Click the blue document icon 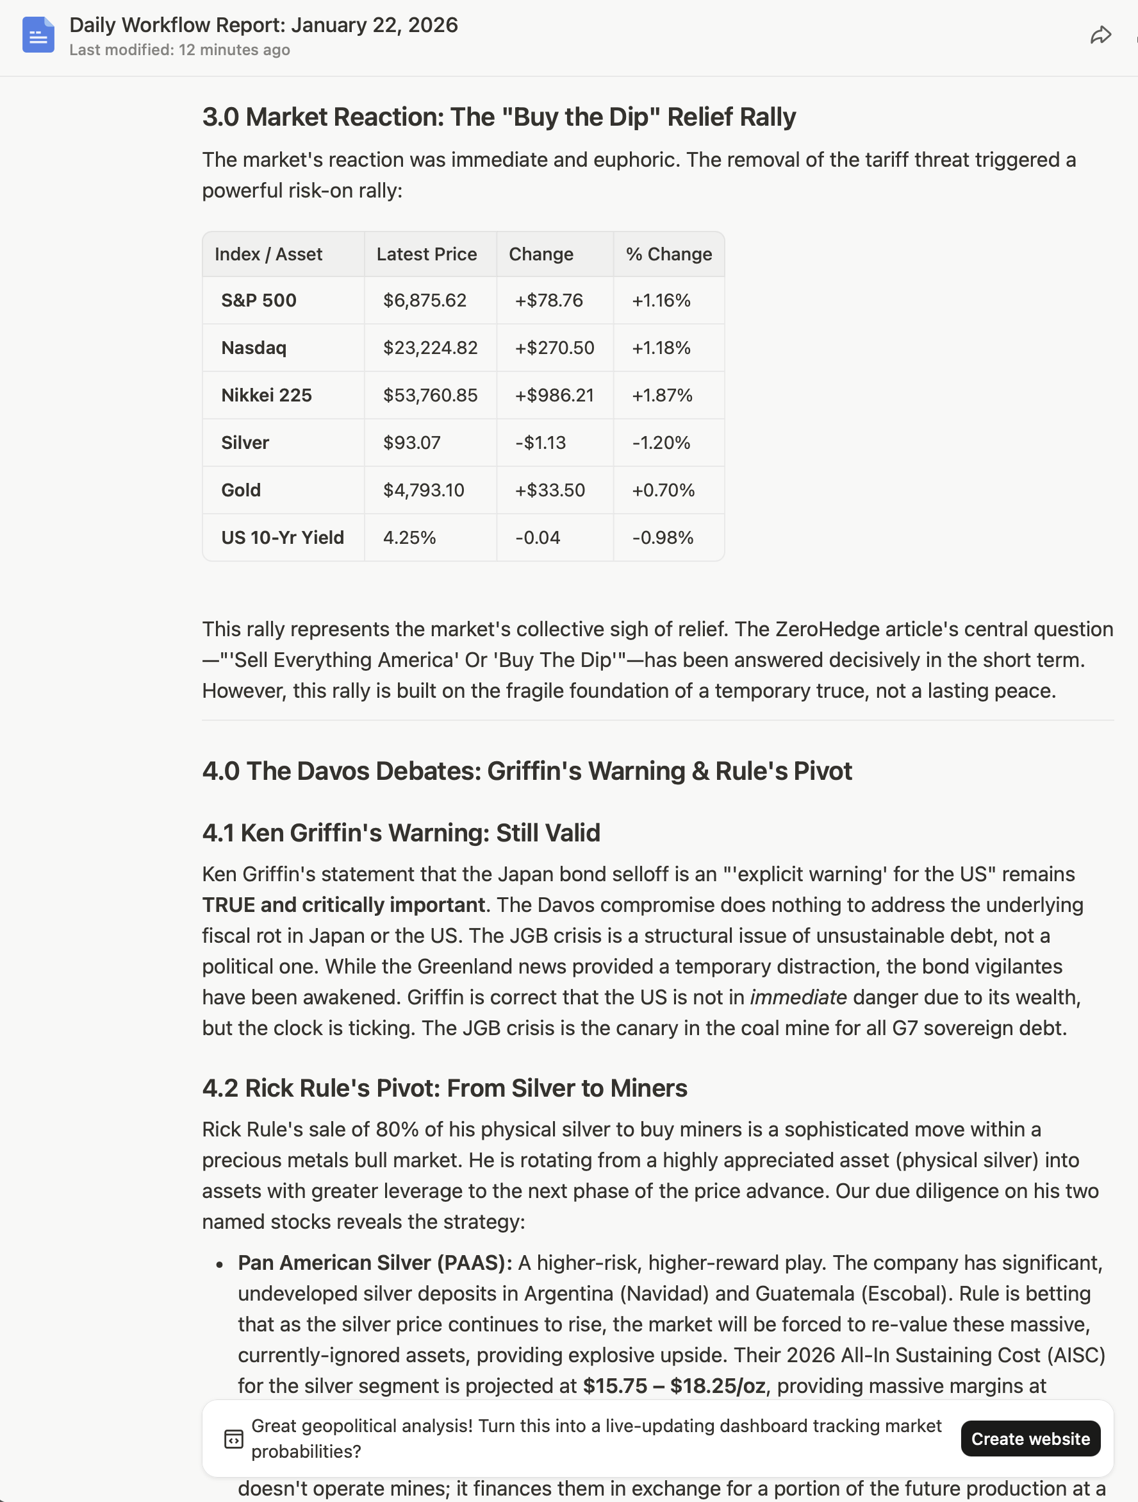tap(38, 35)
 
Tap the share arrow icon tap(1100, 35)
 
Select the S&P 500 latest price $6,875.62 tap(424, 300)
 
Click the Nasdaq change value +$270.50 tap(554, 348)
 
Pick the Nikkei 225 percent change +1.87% tap(662, 395)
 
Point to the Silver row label tap(245, 443)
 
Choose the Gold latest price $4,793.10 tap(424, 490)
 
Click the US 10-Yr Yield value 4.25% tap(409, 538)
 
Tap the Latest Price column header tap(426, 254)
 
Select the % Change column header tap(668, 254)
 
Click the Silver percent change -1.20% tap(661, 443)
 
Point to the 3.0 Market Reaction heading tap(499, 117)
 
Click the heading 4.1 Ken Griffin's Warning tap(401, 832)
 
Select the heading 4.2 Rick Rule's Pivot tap(445, 1088)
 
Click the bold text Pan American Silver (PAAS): tap(375, 1262)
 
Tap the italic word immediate tap(798, 997)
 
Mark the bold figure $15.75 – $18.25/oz tap(674, 1385)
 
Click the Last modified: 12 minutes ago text tap(180, 49)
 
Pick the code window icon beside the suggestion tap(233, 1438)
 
